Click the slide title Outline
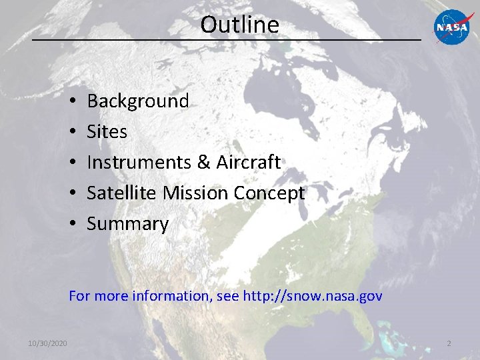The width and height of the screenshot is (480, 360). [x=239, y=25]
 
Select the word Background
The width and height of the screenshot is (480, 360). [x=138, y=101]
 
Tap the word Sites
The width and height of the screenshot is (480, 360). [x=107, y=132]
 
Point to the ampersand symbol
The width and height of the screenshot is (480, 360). [x=204, y=163]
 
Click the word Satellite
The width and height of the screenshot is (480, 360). [x=122, y=193]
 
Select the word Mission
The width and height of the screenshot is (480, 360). [x=196, y=193]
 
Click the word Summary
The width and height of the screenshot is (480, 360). [x=127, y=225]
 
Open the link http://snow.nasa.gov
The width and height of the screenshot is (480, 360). [x=313, y=296]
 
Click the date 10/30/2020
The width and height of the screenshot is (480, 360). [x=47, y=343]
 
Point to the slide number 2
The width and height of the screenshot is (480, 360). [x=449, y=343]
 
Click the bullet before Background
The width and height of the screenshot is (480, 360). [x=71, y=102]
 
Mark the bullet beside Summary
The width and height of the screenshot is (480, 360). [x=71, y=225]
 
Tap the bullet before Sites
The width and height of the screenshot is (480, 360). [x=71, y=133]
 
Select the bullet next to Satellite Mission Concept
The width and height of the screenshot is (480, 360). [x=71, y=194]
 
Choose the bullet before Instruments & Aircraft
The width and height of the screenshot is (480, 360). [x=71, y=163]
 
